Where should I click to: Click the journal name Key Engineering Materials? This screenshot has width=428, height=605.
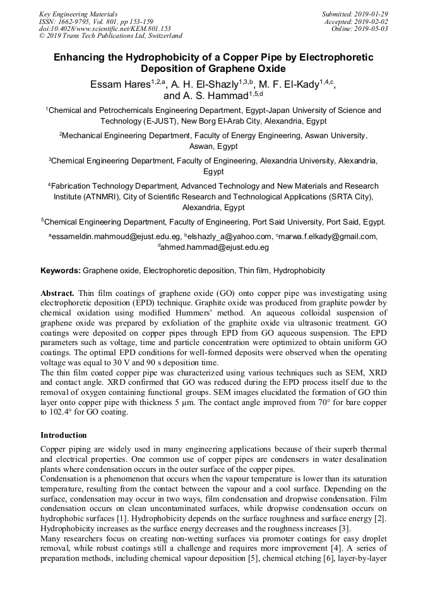(x=78, y=13)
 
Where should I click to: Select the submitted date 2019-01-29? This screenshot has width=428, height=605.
(x=369, y=13)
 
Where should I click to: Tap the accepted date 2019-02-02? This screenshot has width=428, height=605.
(x=369, y=21)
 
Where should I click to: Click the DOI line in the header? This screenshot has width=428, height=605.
(x=105, y=28)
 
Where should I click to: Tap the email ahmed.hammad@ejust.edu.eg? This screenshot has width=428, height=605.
(x=215, y=247)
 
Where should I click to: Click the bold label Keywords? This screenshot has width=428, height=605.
(x=61, y=271)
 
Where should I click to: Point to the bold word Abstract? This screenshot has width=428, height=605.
(x=58, y=294)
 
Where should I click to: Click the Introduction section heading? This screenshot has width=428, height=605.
(x=64, y=435)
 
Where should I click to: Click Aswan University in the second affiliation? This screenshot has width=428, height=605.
(x=335, y=136)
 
